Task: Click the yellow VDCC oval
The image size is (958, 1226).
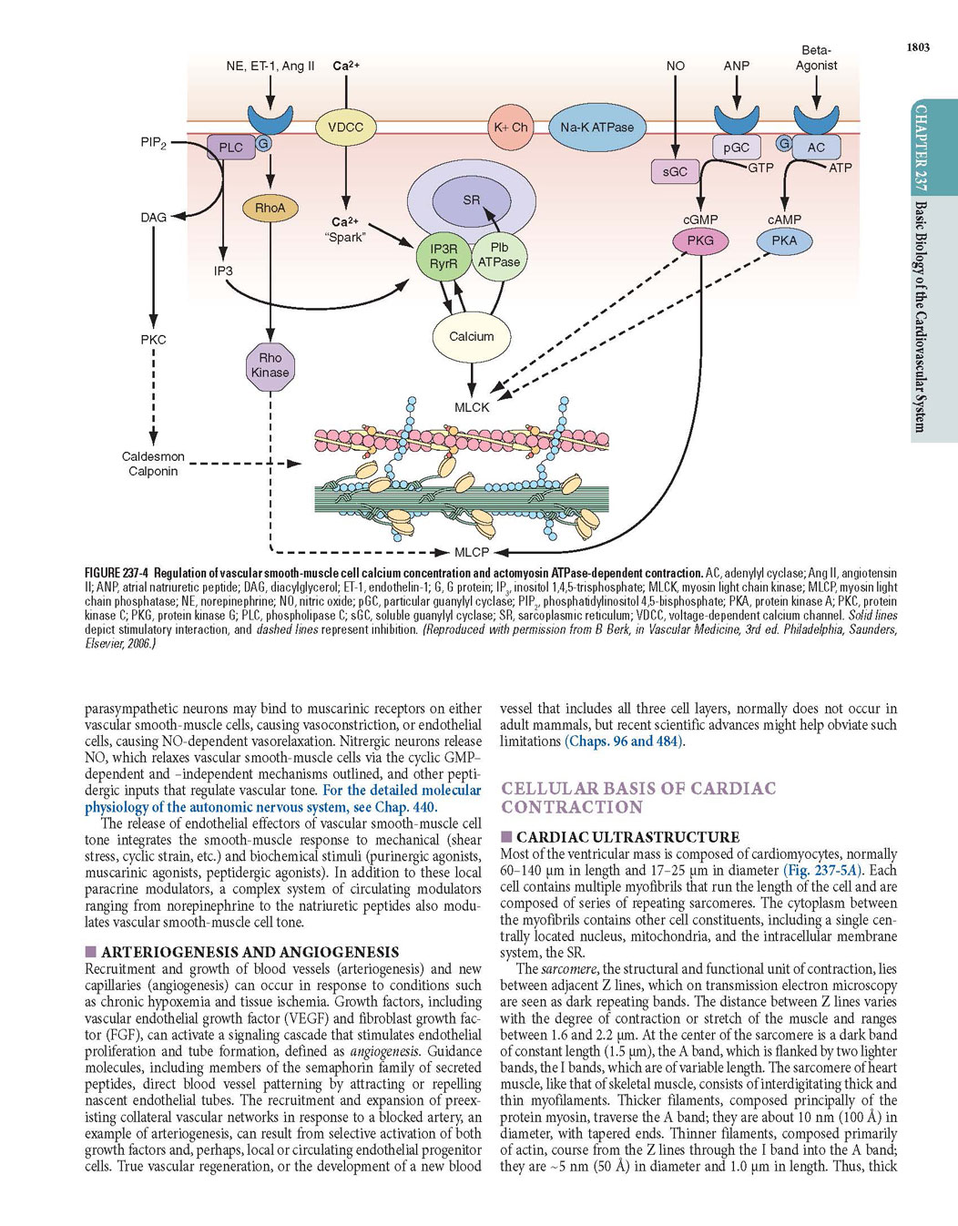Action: coord(346,127)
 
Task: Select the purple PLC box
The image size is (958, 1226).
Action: coord(230,148)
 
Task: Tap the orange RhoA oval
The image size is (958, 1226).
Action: coord(270,209)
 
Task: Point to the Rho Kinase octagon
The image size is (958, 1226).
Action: coord(270,365)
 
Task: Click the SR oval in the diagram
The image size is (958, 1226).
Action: coord(472,200)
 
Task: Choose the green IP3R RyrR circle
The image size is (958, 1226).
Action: coord(443,256)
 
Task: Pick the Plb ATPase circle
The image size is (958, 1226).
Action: coord(499,255)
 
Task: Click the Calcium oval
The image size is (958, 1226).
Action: coord(472,337)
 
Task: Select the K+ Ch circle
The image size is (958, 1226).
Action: coord(510,127)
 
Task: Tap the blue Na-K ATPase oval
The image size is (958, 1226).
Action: coord(597,128)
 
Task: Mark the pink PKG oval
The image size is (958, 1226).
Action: coord(700,240)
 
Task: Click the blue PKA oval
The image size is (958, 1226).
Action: coord(784,240)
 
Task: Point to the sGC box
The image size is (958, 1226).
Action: coord(675,171)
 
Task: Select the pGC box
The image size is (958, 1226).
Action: coord(737,148)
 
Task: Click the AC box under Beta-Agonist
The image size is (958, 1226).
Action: coord(816,148)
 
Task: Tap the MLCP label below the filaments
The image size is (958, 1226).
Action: coord(472,552)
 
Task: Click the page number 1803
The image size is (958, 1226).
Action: coord(918,47)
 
